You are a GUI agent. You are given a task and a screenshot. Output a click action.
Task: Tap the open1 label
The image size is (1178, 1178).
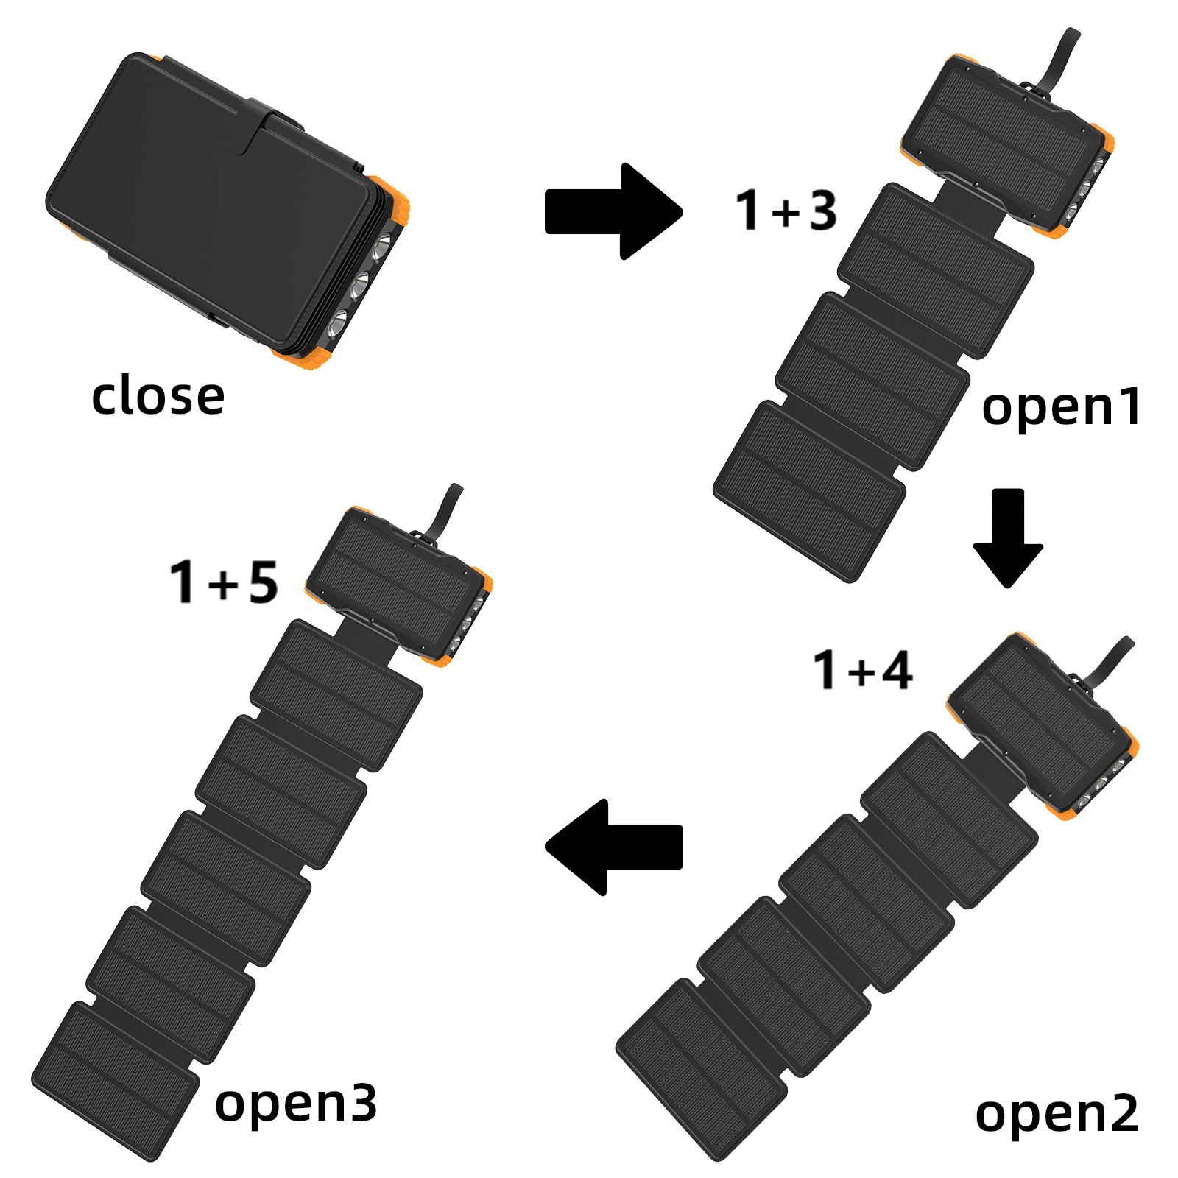pyautogui.click(x=1061, y=406)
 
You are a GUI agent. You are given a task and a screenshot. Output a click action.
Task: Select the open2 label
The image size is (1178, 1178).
pyautogui.click(x=1056, y=1113)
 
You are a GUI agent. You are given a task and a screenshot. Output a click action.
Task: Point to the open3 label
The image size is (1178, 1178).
pyautogui.click(x=295, y=1102)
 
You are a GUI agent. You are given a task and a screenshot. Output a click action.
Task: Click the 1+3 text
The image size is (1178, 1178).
pyautogui.click(x=786, y=211)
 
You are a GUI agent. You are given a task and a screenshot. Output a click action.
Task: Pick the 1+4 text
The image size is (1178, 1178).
pyautogui.click(x=862, y=671)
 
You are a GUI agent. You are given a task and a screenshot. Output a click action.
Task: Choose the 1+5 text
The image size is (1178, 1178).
pyautogui.click(x=224, y=582)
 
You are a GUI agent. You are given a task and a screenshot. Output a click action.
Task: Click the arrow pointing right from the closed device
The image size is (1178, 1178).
pyautogui.click(x=613, y=211)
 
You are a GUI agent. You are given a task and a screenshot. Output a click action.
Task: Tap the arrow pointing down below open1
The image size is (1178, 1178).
pyautogui.click(x=1008, y=537)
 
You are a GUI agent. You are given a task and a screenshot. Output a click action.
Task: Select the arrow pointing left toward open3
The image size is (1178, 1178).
pyautogui.click(x=613, y=847)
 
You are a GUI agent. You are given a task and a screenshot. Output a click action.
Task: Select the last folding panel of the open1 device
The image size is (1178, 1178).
pyautogui.click(x=809, y=490)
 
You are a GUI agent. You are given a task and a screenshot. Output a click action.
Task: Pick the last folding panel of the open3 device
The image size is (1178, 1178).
pyautogui.click(x=115, y=1079)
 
